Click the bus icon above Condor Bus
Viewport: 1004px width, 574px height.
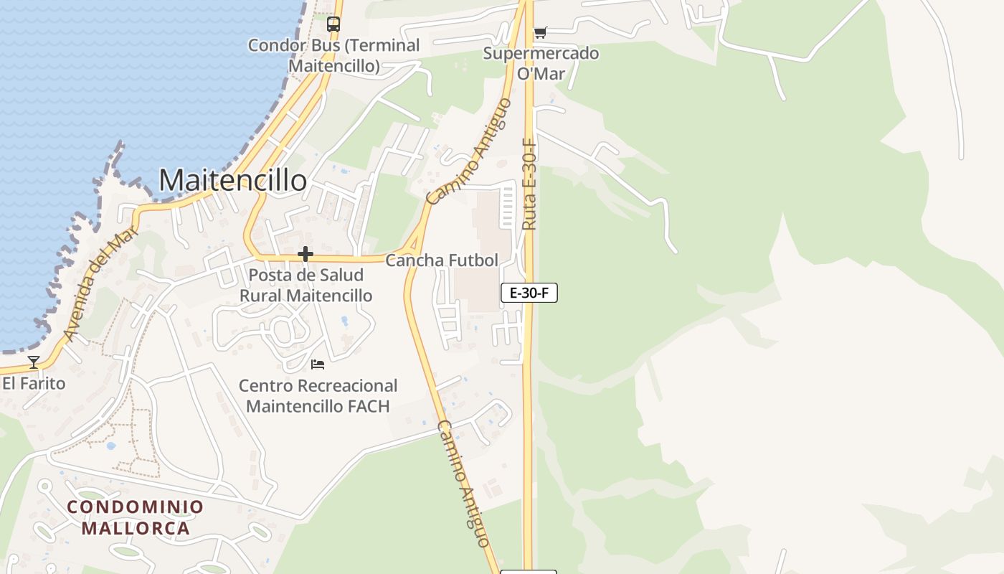333,24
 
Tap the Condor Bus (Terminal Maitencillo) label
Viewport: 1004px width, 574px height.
333,55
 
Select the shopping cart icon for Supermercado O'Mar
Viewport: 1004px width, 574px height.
540,32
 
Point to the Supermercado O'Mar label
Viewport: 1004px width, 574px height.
541,63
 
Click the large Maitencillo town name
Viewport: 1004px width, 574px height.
232,180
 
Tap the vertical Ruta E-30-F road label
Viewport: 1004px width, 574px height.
529,184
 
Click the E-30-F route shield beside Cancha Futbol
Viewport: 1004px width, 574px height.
529,293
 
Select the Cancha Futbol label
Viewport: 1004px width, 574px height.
442,260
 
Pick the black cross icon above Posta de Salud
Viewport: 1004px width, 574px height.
306,254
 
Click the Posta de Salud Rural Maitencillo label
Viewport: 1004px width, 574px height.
306,285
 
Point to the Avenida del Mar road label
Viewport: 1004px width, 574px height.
100,283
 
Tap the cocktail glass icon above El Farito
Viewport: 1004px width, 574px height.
34,362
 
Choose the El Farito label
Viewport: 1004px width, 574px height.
34,383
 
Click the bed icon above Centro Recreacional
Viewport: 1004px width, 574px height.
318,365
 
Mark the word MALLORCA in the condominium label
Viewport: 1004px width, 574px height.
136,529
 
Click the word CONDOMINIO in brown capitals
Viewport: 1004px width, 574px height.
136,507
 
